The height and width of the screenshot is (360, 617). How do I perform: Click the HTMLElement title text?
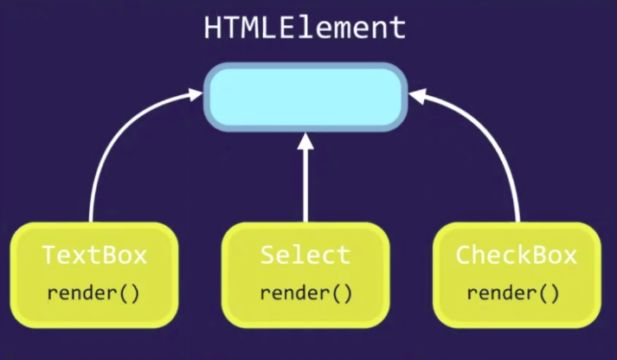pos(305,28)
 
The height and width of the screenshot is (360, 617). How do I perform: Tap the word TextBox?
pos(94,255)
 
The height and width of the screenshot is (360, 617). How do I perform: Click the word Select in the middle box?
pos(305,255)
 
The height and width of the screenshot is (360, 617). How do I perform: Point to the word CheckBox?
pos(516,255)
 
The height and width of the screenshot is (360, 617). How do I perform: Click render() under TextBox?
pos(93,292)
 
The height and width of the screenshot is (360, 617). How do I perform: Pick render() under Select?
pos(305,292)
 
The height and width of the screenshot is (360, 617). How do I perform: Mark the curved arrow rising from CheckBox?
pos(505,147)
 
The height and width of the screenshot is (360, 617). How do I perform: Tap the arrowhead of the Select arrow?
pos(305,141)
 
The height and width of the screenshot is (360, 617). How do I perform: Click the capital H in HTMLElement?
pos(213,28)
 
